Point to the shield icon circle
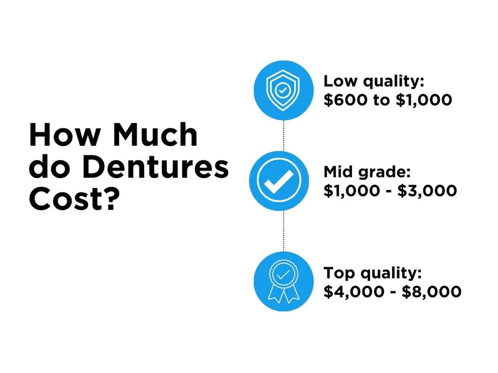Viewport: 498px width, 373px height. click(283, 90)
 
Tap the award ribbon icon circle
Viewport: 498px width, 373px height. click(283, 281)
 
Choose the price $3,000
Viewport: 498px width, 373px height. click(427, 190)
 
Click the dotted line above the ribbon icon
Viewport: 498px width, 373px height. click(283, 231)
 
